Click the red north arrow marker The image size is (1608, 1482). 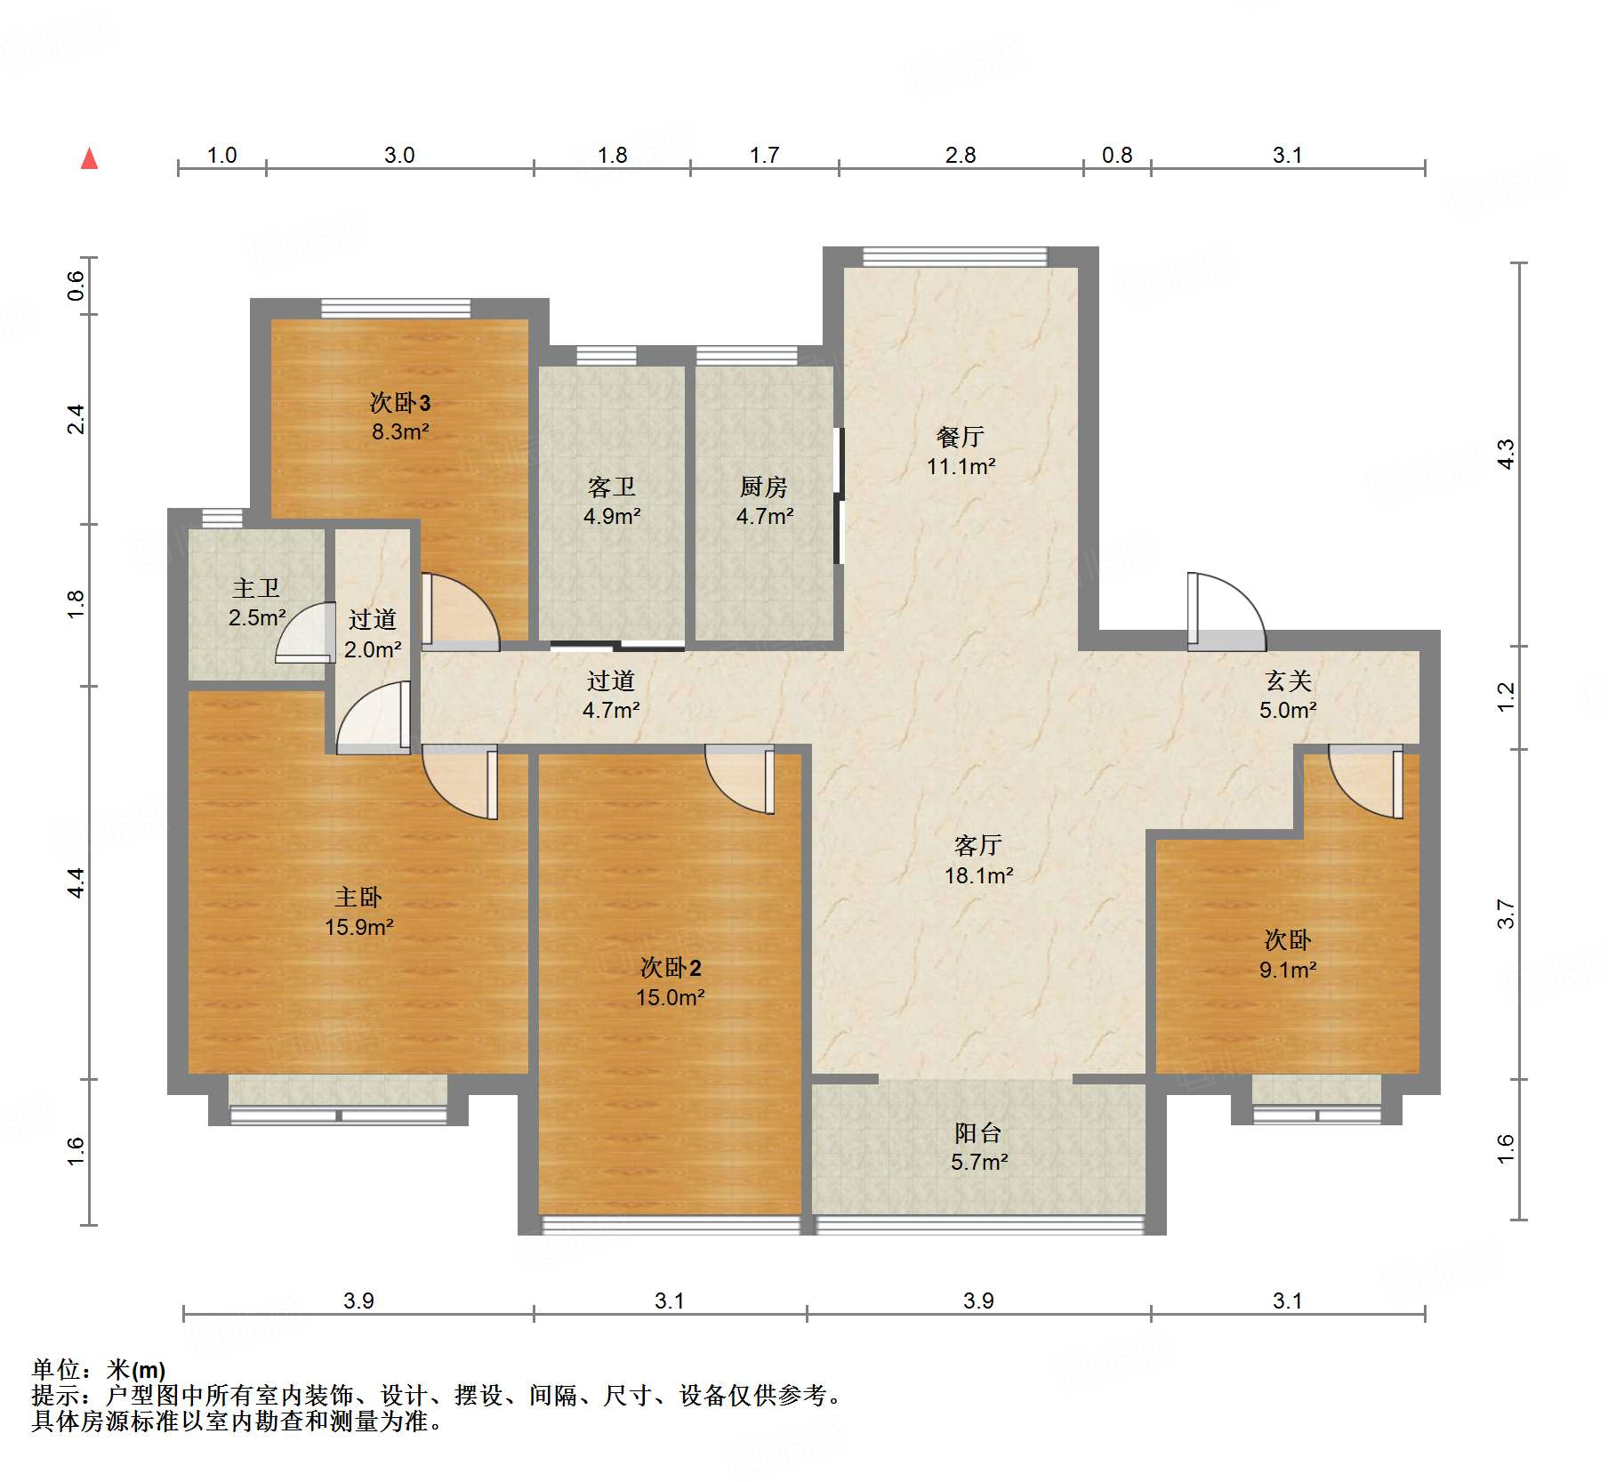[89, 158]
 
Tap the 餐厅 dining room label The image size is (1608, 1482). [960, 437]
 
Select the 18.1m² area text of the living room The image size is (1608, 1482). [978, 875]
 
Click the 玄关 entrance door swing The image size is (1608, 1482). [1226, 612]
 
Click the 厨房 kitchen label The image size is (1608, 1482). [764, 487]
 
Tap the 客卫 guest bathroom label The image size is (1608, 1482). [611, 487]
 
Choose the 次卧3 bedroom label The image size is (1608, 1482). [400, 403]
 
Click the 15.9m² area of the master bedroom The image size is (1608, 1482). [358, 927]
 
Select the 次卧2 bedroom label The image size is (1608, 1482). [671, 968]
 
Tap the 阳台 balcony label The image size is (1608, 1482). [978, 1132]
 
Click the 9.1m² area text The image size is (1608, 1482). [1288, 970]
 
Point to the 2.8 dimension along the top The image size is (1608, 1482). [961, 156]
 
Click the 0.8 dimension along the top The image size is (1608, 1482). [1117, 156]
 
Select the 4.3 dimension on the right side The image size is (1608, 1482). [1506, 454]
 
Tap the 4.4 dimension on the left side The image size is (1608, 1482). [76, 882]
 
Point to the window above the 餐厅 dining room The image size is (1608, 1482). [955, 256]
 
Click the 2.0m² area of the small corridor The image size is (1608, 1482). [373, 649]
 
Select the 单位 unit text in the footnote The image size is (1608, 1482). [55, 1370]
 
